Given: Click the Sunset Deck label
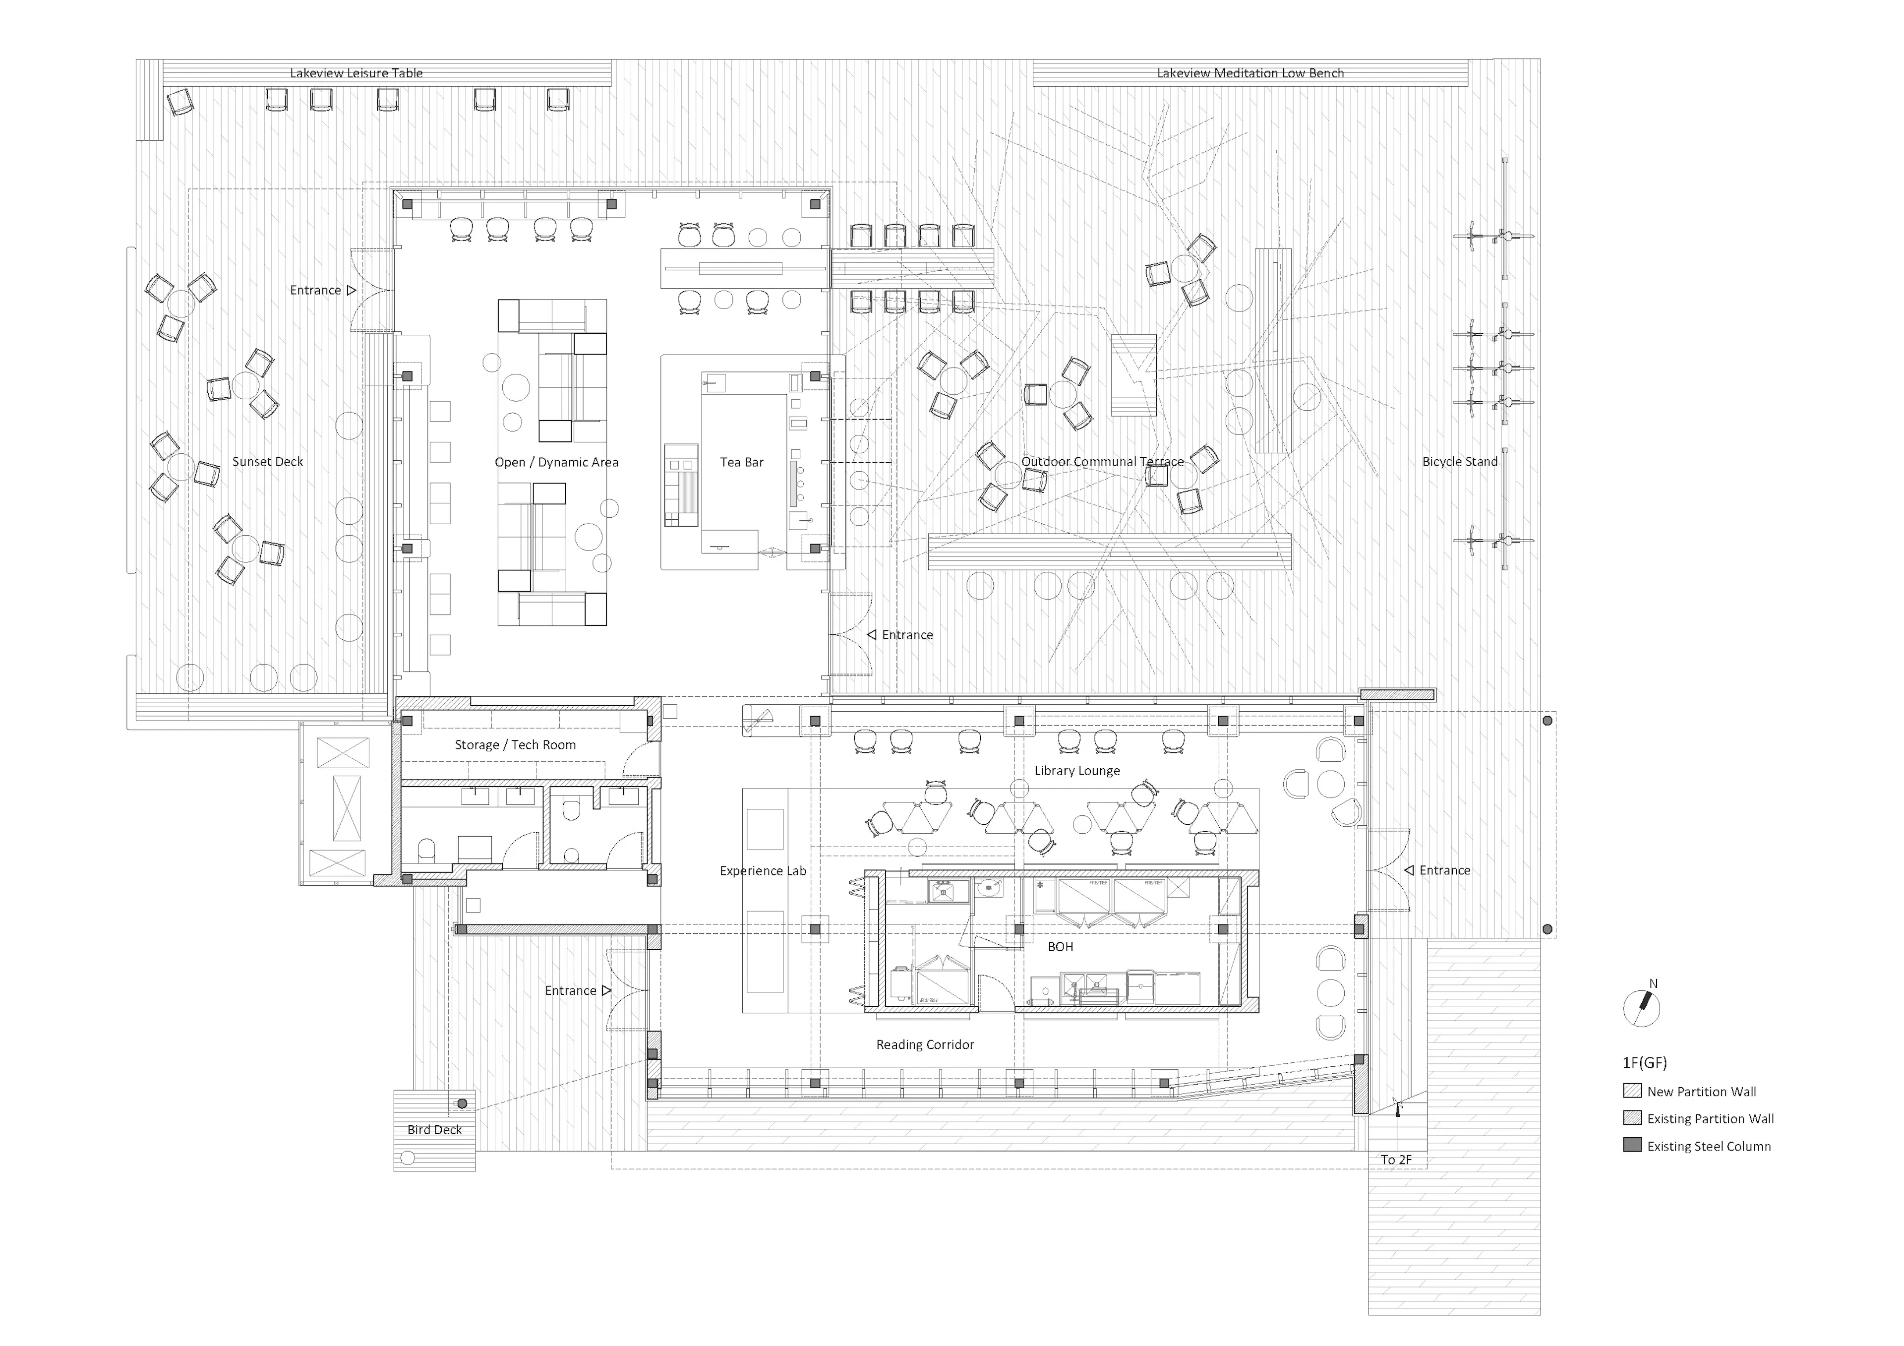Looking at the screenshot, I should point(267,461).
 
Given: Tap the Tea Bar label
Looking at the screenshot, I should point(741,462).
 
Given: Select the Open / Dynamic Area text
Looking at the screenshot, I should point(556,462).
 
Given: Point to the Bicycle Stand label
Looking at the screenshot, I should point(1460,461).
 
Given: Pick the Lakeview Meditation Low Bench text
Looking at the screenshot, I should point(1249,73).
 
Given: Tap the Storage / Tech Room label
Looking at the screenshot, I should point(515,745).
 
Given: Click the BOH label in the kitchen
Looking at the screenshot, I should point(1060,946).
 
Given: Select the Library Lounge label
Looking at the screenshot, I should point(1076,770).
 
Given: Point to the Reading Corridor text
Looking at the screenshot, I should point(925,1044).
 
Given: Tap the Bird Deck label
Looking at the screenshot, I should point(434,1130).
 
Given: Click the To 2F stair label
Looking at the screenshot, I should point(1396,1160).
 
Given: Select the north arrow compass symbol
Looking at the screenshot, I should point(1641,1008).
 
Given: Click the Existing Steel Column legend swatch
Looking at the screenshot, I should point(1632,1145).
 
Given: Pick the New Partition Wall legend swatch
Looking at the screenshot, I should point(1632,1091).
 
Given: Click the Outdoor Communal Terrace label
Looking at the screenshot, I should point(1102,461).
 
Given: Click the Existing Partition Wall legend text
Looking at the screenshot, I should point(1710,1119).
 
